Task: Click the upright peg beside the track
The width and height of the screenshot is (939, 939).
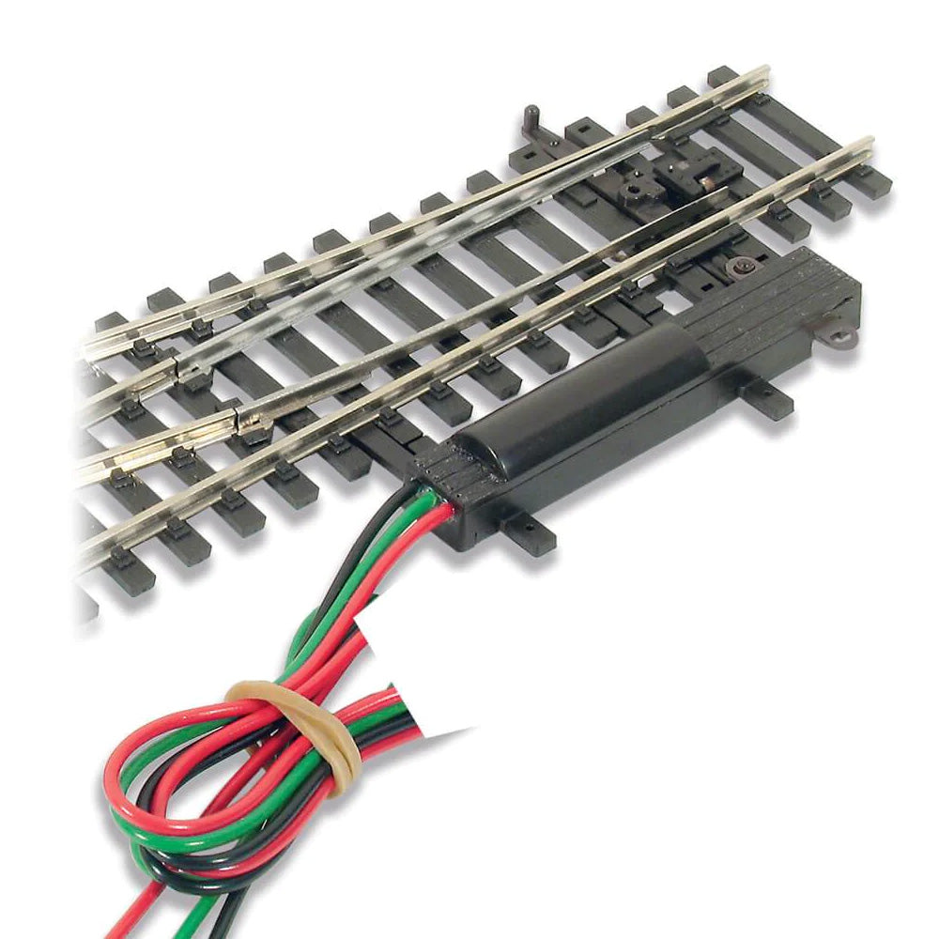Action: pyautogui.click(x=531, y=117)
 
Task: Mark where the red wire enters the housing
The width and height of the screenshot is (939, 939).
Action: pyautogui.click(x=449, y=513)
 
